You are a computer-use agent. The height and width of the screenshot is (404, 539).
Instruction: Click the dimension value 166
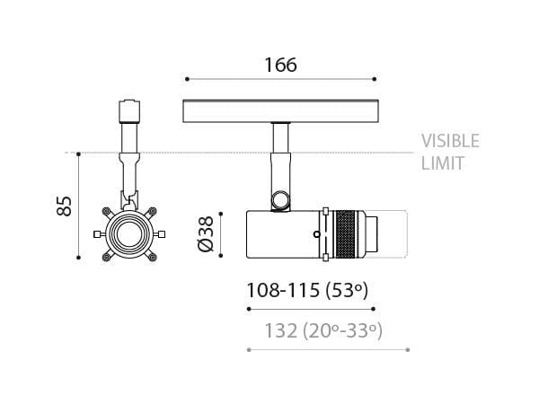(279, 65)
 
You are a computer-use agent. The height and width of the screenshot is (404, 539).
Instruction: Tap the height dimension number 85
(64, 206)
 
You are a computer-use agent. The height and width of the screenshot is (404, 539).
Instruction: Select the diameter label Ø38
(206, 235)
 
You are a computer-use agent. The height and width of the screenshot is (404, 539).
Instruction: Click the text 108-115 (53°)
(307, 290)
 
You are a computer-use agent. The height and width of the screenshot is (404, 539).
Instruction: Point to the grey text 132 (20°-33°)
(323, 330)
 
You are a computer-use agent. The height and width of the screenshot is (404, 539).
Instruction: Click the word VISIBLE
(450, 141)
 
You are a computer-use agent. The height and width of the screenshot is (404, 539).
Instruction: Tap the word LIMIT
(442, 164)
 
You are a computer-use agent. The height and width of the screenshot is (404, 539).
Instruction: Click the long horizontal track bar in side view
(279, 111)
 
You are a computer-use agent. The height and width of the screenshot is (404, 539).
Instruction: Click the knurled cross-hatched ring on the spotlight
(344, 235)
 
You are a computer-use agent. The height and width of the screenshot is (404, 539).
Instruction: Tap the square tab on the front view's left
(96, 234)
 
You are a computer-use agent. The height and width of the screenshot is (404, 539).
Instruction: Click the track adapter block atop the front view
(129, 111)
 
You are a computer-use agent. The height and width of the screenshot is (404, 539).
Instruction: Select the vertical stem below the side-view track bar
(279, 138)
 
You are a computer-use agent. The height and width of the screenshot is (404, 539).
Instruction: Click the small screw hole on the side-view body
(317, 235)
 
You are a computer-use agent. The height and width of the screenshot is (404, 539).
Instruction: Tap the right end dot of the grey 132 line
(409, 348)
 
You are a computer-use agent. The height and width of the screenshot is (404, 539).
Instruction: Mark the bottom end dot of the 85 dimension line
(80, 259)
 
